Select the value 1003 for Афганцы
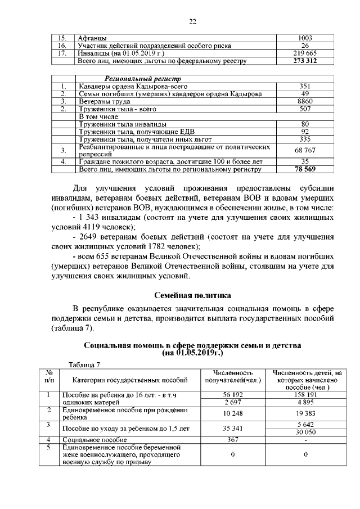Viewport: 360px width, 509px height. pyautogui.click(x=305, y=38)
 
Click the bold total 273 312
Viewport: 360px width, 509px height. pyautogui.click(x=305, y=61)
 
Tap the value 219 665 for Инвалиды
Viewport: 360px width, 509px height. pyautogui.click(x=305, y=53)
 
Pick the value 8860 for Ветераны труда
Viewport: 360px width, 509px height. pyautogui.click(x=305, y=101)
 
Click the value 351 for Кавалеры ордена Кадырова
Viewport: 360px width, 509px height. pyautogui.click(x=305, y=86)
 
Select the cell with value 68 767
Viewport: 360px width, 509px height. pyautogui.click(x=305, y=150)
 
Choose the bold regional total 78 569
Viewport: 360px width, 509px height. pyautogui.click(x=305, y=168)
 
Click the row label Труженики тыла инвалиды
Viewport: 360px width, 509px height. pyautogui.click(x=115, y=124)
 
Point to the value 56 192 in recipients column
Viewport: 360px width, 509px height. pyautogui.click(x=232, y=395)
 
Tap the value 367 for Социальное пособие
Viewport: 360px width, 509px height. pyautogui.click(x=232, y=439)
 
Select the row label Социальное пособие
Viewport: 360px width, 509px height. pyautogui.click(x=89, y=439)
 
